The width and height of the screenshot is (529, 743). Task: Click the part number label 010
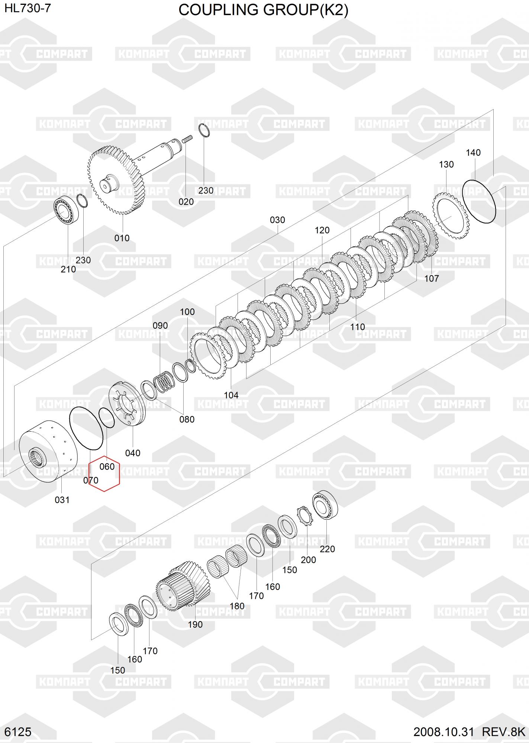pos(122,238)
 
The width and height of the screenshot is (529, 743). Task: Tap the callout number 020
pos(186,202)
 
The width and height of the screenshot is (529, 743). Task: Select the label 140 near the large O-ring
pos(473,152)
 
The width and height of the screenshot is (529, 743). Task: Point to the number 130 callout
pos(446,164)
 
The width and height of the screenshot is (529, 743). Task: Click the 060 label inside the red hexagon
pos(107,466)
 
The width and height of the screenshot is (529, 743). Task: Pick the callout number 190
pos(195,624)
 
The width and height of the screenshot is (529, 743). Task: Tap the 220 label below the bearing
pos(328,549)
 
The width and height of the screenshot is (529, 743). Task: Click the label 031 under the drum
pos(62,500)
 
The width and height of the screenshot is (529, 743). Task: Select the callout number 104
pos(231,395)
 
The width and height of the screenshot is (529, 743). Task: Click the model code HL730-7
pos(28,8)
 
